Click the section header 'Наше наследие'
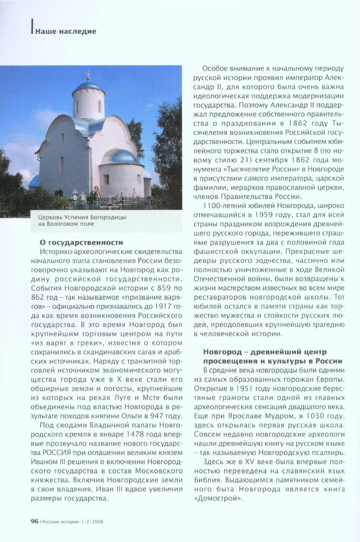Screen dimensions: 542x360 click(x=66, y=31)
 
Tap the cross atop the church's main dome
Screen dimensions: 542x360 click(x=88, y=75)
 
